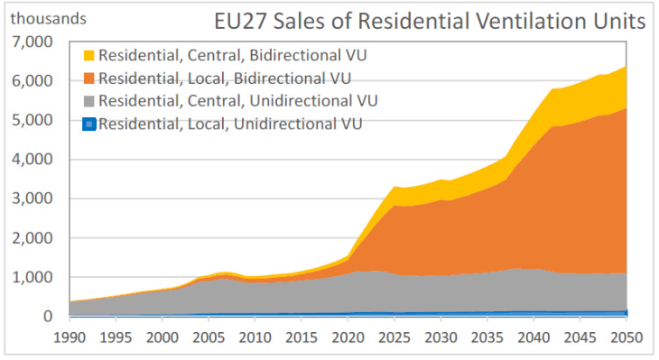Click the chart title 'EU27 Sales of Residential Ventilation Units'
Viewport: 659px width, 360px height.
[430, 21]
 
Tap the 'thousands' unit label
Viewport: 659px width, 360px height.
[49, 18]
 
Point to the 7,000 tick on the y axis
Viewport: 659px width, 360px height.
[32, 42]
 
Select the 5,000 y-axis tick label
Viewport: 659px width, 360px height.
[32, 120]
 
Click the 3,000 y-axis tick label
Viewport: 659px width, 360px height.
[32, 198]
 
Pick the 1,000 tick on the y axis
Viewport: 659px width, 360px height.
[32, 277]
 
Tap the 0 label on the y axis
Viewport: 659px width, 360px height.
[48, 316]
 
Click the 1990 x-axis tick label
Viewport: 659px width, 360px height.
[70, 337]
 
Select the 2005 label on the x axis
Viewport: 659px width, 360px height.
[209, 337]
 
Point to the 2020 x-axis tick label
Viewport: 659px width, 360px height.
[348, 337]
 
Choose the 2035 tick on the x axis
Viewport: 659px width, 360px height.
[487, 337]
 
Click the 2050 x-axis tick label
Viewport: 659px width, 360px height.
[627, 337]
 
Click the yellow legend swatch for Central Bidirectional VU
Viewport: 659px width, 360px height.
[89, 55]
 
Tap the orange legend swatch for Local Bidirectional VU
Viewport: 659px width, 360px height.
[89, 78]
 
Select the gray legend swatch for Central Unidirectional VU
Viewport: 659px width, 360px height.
[89, 101]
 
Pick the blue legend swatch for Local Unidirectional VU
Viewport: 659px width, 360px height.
[89, 124]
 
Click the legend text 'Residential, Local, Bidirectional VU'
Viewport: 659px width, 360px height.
[225, 78]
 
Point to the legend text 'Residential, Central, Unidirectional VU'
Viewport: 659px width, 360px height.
[238, 101]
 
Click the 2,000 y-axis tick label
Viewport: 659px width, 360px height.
[32, 238]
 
